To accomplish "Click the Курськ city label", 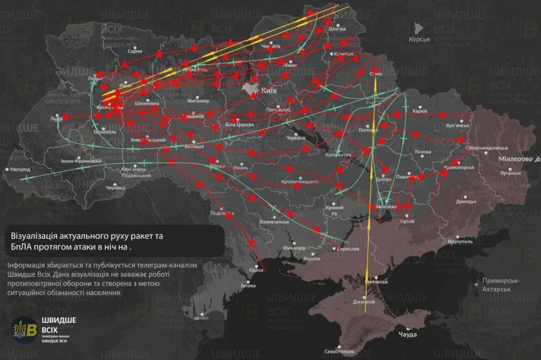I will pyautogui.click(x=420, y=39).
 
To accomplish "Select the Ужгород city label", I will pyautogui.click(x=23, y=169).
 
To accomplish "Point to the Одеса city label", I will pyautogui.click(x=256, y=270).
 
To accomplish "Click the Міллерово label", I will pyautogui.click(x=515, y=159).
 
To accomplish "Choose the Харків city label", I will pyautogui.click(x=420, y=112).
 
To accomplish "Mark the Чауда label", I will pyautogui.click(x=407, y=335).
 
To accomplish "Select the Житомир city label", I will pyautogui.click(x=198, y=101).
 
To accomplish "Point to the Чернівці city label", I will pyautogui.click(x=115, y=187).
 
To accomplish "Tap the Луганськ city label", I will pyautogui.click(x=511, y=174).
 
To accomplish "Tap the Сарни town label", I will pyautogui.click(x=135, y=51).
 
